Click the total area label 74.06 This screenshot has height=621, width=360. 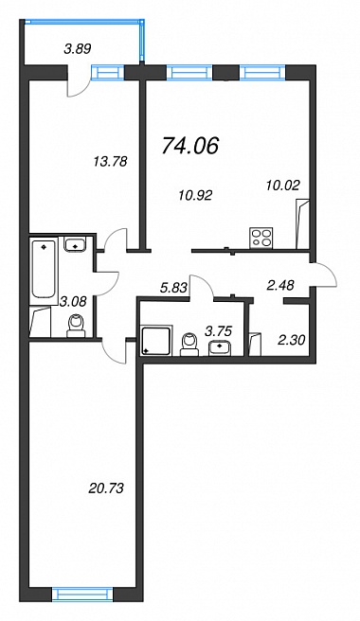190,146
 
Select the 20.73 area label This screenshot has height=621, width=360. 105,488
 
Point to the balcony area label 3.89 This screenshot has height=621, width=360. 78,49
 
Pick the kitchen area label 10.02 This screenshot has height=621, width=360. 283,185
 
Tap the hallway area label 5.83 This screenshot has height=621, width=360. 173,289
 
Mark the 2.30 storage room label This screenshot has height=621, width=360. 292,339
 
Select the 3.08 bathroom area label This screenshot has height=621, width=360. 73,304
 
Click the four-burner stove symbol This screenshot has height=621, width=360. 261,239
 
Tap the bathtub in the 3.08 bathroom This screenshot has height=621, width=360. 45,269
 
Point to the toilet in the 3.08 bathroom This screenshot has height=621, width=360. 76,326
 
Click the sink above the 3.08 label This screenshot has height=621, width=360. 76,244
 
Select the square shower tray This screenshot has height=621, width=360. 156,341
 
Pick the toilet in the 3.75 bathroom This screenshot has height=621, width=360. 189,344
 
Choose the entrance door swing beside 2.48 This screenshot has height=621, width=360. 324,275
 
